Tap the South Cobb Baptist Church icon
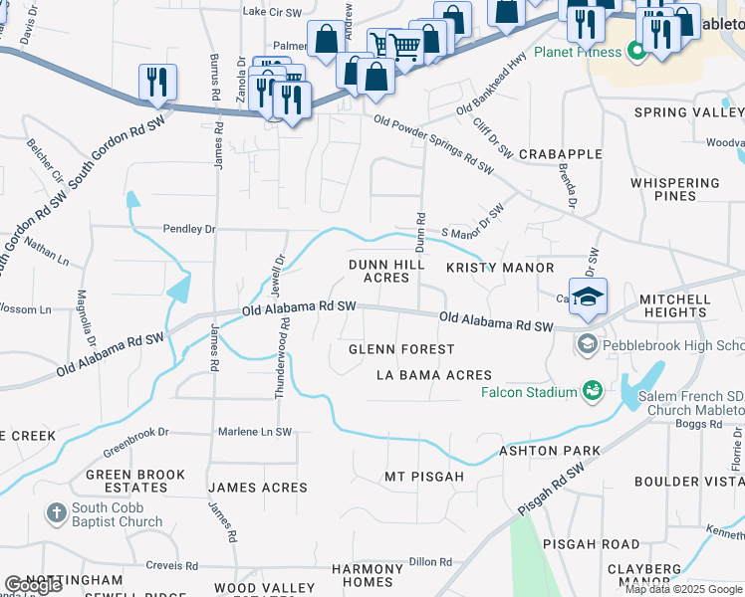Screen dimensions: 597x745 point(56,514)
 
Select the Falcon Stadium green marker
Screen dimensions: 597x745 point(594,392)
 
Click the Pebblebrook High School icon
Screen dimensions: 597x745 point(587,345)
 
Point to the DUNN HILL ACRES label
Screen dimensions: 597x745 point(386,272)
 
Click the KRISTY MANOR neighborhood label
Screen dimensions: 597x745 point(499,269)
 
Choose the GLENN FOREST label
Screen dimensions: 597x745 point(401,349)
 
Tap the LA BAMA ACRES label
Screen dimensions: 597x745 point(433,375)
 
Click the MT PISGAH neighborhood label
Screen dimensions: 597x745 point(424,478)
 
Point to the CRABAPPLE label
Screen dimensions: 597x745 point(560,154)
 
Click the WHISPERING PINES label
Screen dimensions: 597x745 point(674,189)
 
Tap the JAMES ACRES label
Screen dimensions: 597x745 point(257,488)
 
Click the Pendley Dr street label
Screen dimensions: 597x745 point(189,229)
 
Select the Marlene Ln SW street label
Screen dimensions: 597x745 point(255,433)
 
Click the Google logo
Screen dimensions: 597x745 point(33,585)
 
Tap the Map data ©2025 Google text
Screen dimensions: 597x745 point(684,589)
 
